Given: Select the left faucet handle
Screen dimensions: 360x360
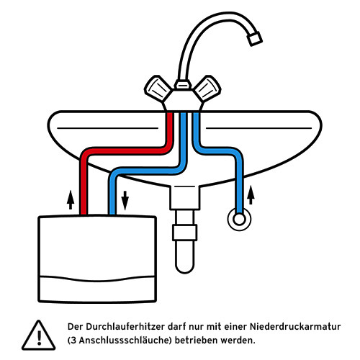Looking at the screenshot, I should pyautogui.click(x=158, y=90).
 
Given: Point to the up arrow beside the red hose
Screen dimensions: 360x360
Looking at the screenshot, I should pyautogui.click(x=70, y=199).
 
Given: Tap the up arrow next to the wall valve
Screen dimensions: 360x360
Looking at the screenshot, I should pyautogui.click(x=251, y=194).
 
